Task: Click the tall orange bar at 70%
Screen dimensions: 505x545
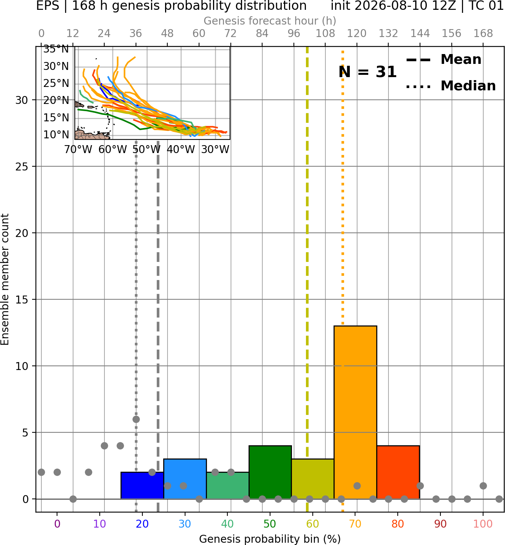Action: click(x=355, y=412)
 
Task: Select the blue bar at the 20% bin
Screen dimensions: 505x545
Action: click(x=142, y=485)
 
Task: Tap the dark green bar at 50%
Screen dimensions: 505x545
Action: click(x=270, y=472)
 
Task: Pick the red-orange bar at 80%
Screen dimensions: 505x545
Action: click(x=398, y=472)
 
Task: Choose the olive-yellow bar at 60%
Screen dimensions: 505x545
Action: click(x=313, y=479)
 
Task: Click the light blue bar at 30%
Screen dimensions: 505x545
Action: click(x=185, y=479)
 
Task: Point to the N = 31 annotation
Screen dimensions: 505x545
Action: click(x=368, y=72)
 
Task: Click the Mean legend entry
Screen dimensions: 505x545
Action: click(x=443, y=59)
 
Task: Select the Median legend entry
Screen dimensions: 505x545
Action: click(x=451, y=86)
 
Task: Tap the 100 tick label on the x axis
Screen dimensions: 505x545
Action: click(x=483, y=524)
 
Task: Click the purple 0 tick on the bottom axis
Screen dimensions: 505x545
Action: click(x=57, y=524)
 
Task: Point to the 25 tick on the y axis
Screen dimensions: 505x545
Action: click(x=22, y=167)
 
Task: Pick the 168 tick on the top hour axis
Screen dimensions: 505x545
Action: click(x=483, y=34)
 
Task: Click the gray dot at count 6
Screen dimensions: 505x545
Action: click(x=136, y=419)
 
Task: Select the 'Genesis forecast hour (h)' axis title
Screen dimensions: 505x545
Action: click(x=270, y=21)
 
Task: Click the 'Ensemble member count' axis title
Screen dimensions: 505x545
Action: click(x=5, y=279)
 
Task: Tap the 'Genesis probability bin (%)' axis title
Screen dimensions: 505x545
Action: click(x=270, y=539)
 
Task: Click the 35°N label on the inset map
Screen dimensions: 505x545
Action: click(x=56, y=49)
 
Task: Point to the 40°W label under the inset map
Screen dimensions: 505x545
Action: click(x=181, y=149)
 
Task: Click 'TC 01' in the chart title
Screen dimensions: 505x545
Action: click(x=486, y=6)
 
